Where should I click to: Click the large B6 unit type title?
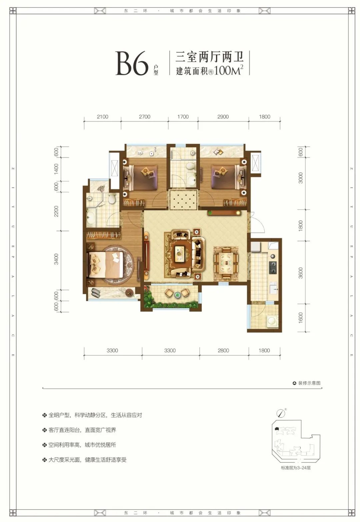(132, 64)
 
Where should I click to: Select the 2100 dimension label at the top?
(102, 117)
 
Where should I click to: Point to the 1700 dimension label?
(183, 117)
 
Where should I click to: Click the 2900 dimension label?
(223, 117)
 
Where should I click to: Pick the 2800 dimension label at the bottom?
(223, 350)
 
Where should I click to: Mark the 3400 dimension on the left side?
(56, 259)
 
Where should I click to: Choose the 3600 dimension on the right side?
(301, 273)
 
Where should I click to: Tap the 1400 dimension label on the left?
(56, 169)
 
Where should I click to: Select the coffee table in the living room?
(180, 256)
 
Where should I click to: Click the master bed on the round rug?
(105, 264)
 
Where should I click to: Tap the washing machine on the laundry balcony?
(272, 320)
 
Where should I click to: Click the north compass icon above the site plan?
(281, 413)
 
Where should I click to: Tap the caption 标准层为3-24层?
(296, 468)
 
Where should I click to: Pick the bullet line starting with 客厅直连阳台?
(82, 430)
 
